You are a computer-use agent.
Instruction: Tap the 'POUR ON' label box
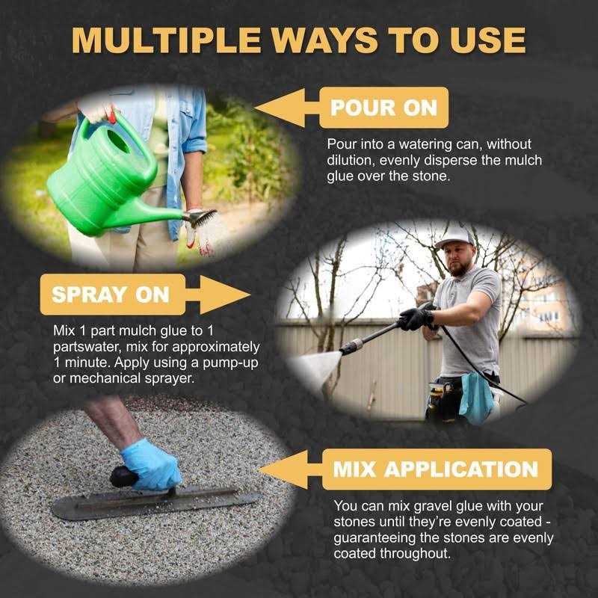(383, 108)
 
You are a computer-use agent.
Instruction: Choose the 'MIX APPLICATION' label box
(435, 469)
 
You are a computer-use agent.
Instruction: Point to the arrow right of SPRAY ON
(217, 294)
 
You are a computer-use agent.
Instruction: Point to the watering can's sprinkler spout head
(201, 218)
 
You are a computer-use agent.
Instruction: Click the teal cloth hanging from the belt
(475, 396)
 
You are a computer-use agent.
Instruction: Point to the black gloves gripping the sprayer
(416, 318)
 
